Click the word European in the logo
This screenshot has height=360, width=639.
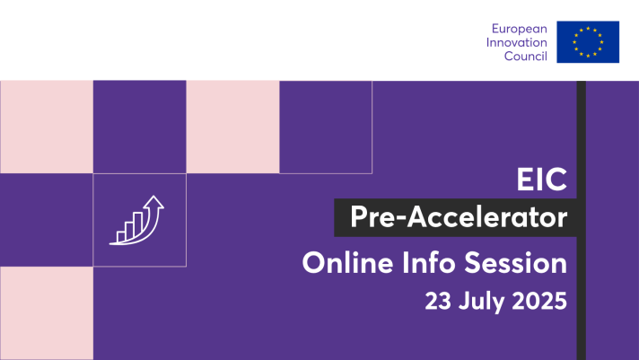click(x=519, y=29)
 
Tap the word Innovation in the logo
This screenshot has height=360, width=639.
click(x=516, y=42)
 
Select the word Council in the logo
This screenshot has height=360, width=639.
click(x=526, y=56)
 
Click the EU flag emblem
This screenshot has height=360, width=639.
click(x=588, y=42)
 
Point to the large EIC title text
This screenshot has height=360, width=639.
click(x=541, y=179)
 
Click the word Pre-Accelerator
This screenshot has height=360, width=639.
click(x=459, y=217)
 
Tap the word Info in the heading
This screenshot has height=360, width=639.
click(x=428, y=263)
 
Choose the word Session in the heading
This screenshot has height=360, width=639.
click(x=515, y=263)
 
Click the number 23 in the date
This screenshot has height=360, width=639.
click(x=438, y=301)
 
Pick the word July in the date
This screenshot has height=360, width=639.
click(x=481, y=303)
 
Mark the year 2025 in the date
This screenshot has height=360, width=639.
click(x=539, y=301)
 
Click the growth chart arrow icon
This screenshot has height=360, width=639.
click(x=136, y=220)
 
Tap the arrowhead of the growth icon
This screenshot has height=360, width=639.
click(x=153, y=202)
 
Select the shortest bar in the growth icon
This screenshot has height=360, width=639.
click(x=121, y=237)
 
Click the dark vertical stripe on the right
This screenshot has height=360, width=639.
click(x=582, y=220)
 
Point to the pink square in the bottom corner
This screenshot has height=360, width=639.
click(x=47, y=313)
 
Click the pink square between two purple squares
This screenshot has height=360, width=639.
click(x=232, y=127)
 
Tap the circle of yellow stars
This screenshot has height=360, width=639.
click(x=588, y=42)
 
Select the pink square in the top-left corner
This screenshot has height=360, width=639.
click(x=47, y=127)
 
